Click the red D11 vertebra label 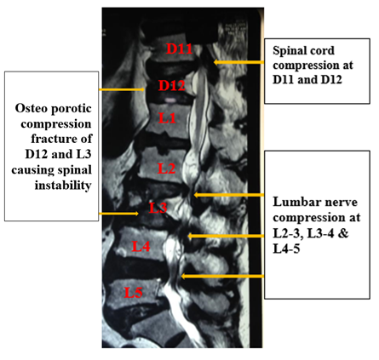point(180,49)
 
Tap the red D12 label point(172,85)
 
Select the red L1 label point(167,117)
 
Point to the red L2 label point(167,169)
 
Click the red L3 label point(158,208)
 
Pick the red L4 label point(141,246)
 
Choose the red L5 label point(133,293)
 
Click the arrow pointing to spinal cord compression point(238,62)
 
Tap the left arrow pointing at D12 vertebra point(122,89)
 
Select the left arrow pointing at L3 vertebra point(118,214)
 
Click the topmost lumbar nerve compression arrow point(229,195)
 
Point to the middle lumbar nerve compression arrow point(226,236)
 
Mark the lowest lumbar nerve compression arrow point(222,276)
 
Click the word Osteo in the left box point(31,108)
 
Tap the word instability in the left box point(63,186)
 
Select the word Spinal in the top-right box point(288,51)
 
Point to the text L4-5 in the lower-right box point(286,249)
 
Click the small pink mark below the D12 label point(169,100)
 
